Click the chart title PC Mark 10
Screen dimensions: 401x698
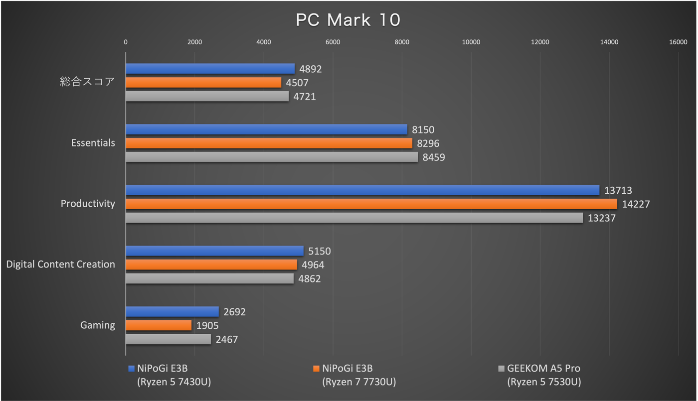point(348,20)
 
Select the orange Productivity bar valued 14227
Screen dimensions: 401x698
point(371,204)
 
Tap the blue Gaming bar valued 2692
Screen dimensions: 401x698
point(172,312)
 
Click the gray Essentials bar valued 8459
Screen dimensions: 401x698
point(272,157)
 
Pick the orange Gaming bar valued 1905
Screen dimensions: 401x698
point(159,325)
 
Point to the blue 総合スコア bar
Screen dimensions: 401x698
point(210,69)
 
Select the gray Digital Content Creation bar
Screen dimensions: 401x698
point(209,278)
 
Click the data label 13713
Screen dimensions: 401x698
point(618,190)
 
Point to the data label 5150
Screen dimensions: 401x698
point(319,252)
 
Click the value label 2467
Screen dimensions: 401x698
point(227,340)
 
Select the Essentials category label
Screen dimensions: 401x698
point(93,143)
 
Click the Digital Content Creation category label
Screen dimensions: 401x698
point(60,265)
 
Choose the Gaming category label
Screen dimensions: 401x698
point(98,325)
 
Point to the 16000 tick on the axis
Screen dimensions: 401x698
point(678,42)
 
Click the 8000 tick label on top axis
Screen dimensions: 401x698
point(402,42)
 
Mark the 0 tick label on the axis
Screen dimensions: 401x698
point(126,42)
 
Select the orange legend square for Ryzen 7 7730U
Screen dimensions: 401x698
point(316,369)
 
